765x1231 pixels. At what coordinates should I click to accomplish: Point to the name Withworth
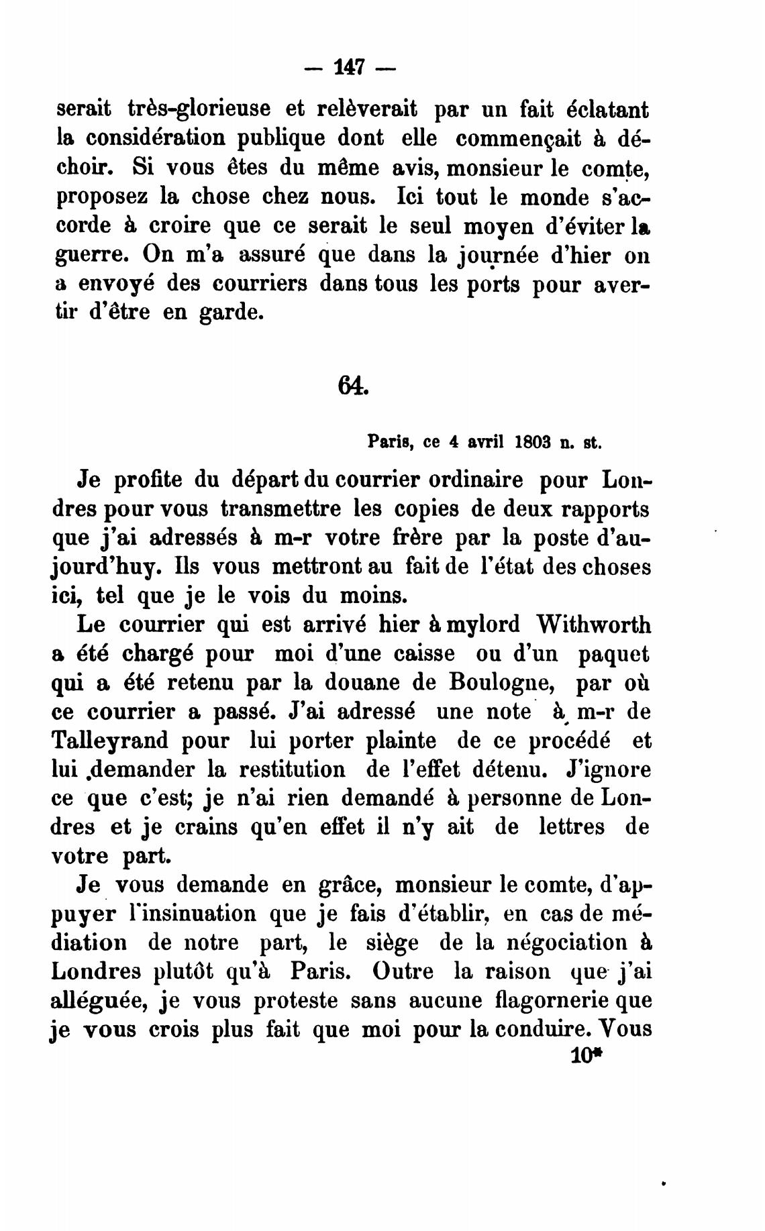click(x=594, y=625)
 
